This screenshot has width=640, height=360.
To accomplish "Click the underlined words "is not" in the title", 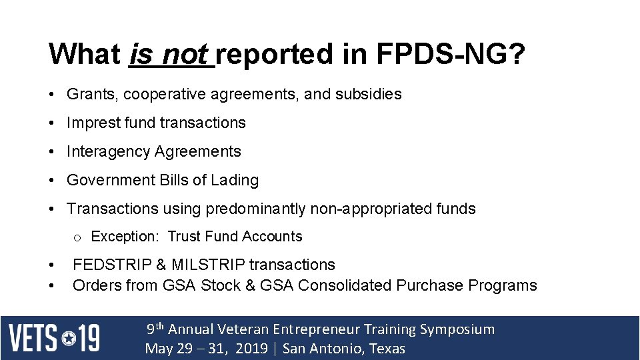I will pos(170,55).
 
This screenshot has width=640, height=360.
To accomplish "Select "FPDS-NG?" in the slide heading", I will pos(451,55).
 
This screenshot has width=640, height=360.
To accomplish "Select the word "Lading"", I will pos(235,180).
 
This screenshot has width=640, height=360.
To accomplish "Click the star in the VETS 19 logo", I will pos(69,338).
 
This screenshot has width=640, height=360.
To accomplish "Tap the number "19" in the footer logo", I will pos(89,338).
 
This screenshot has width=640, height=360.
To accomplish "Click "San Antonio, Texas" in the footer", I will pos(343,349).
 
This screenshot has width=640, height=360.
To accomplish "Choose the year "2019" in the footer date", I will pos(251,349).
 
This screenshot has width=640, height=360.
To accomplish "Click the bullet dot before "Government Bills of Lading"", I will pos(52,181).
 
